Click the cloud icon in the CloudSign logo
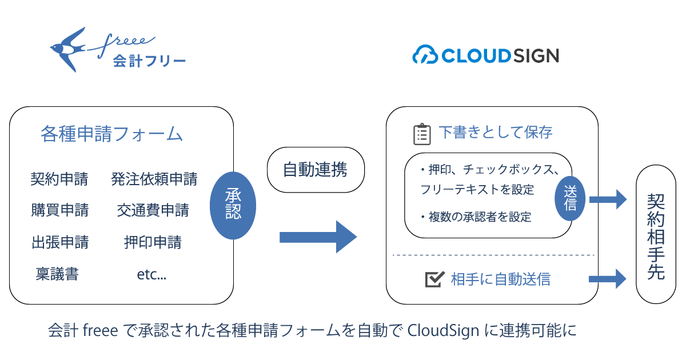point(425,55)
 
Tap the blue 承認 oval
point(233,205)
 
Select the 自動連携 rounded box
point(316,170)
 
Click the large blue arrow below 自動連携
point(318,237)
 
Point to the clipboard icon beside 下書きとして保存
point(422,134)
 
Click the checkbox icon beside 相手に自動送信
point(435,279)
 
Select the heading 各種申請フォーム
point(111,135)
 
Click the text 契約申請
point(59,180)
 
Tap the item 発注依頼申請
point(154,180)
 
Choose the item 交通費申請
point(153,210)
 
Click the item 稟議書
point(57,275)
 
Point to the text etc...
point(151,275)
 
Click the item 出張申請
point(60,242)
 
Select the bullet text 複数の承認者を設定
point(479,217)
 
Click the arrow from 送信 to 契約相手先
point(608,199)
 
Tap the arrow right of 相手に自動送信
point(608,278)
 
